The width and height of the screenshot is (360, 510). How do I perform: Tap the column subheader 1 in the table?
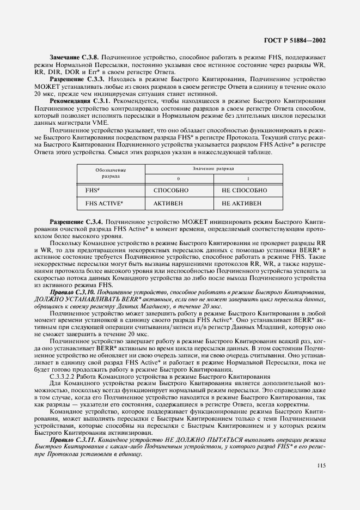point(248,179)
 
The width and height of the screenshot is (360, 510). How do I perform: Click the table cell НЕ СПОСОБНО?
point(244,190)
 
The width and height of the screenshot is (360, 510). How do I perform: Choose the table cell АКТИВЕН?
point(169,203)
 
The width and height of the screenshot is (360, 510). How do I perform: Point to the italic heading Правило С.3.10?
point(72,293)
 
